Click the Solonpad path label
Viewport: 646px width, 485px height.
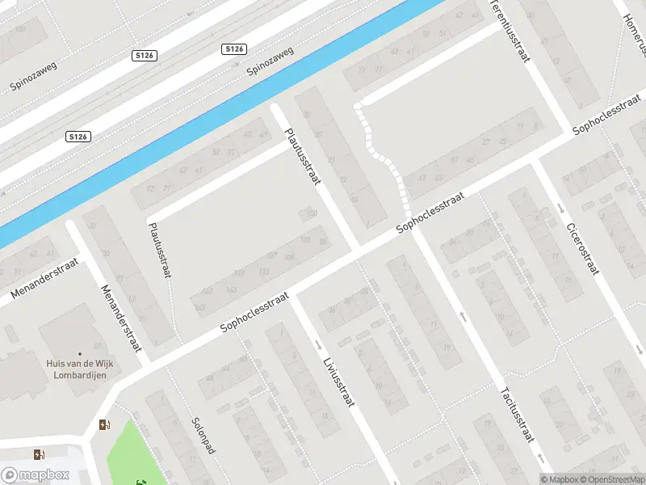203,435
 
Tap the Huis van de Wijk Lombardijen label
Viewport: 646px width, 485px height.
79,369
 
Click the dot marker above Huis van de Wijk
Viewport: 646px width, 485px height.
79,353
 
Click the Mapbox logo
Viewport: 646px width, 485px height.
35,475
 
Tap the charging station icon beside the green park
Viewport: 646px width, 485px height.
103,425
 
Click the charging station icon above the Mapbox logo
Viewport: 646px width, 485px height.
39,455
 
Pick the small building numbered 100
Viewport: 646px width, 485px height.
308,214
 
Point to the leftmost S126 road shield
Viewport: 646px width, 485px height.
78,137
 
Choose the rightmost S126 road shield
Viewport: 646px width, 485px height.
233,49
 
